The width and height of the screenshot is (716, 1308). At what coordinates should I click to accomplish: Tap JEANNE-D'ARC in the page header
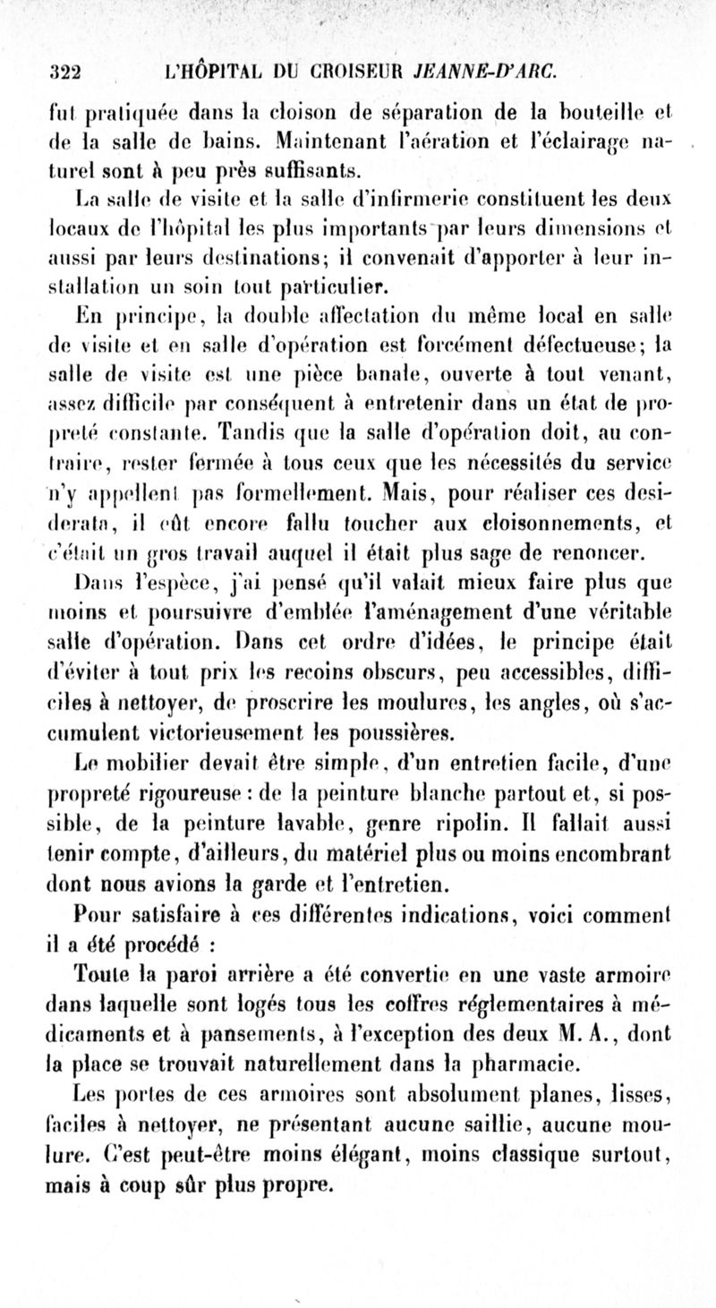click(x=506, y=70)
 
